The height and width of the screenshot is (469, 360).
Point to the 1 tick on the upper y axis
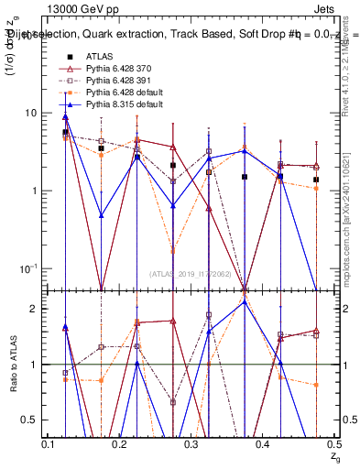(38, 191)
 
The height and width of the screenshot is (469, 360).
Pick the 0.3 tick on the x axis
(191, 444)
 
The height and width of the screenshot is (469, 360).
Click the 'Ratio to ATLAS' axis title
(13, 365)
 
